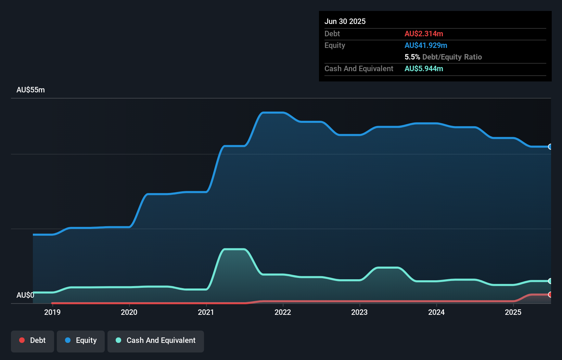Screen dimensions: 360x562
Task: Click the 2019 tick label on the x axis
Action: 52,312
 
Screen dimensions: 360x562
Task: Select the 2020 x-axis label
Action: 129,312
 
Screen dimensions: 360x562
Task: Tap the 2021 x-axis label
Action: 206,312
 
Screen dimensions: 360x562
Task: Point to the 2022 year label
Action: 283,312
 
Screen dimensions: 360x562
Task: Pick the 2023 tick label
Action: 359,312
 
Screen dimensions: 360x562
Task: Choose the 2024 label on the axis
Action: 436,312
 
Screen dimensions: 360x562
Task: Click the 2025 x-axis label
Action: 513,312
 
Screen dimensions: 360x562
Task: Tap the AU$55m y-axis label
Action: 30,90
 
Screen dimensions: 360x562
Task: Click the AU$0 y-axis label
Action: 25,295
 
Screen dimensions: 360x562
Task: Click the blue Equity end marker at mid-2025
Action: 550,147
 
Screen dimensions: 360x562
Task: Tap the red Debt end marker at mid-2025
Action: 550,295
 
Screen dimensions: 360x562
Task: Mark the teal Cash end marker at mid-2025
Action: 550,281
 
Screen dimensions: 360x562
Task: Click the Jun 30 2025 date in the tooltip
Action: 345,21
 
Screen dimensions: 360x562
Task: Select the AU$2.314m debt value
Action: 424,34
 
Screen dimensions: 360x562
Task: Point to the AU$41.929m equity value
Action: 426,45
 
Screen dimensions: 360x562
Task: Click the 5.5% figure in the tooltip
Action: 412,57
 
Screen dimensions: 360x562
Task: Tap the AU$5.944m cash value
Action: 424,68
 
